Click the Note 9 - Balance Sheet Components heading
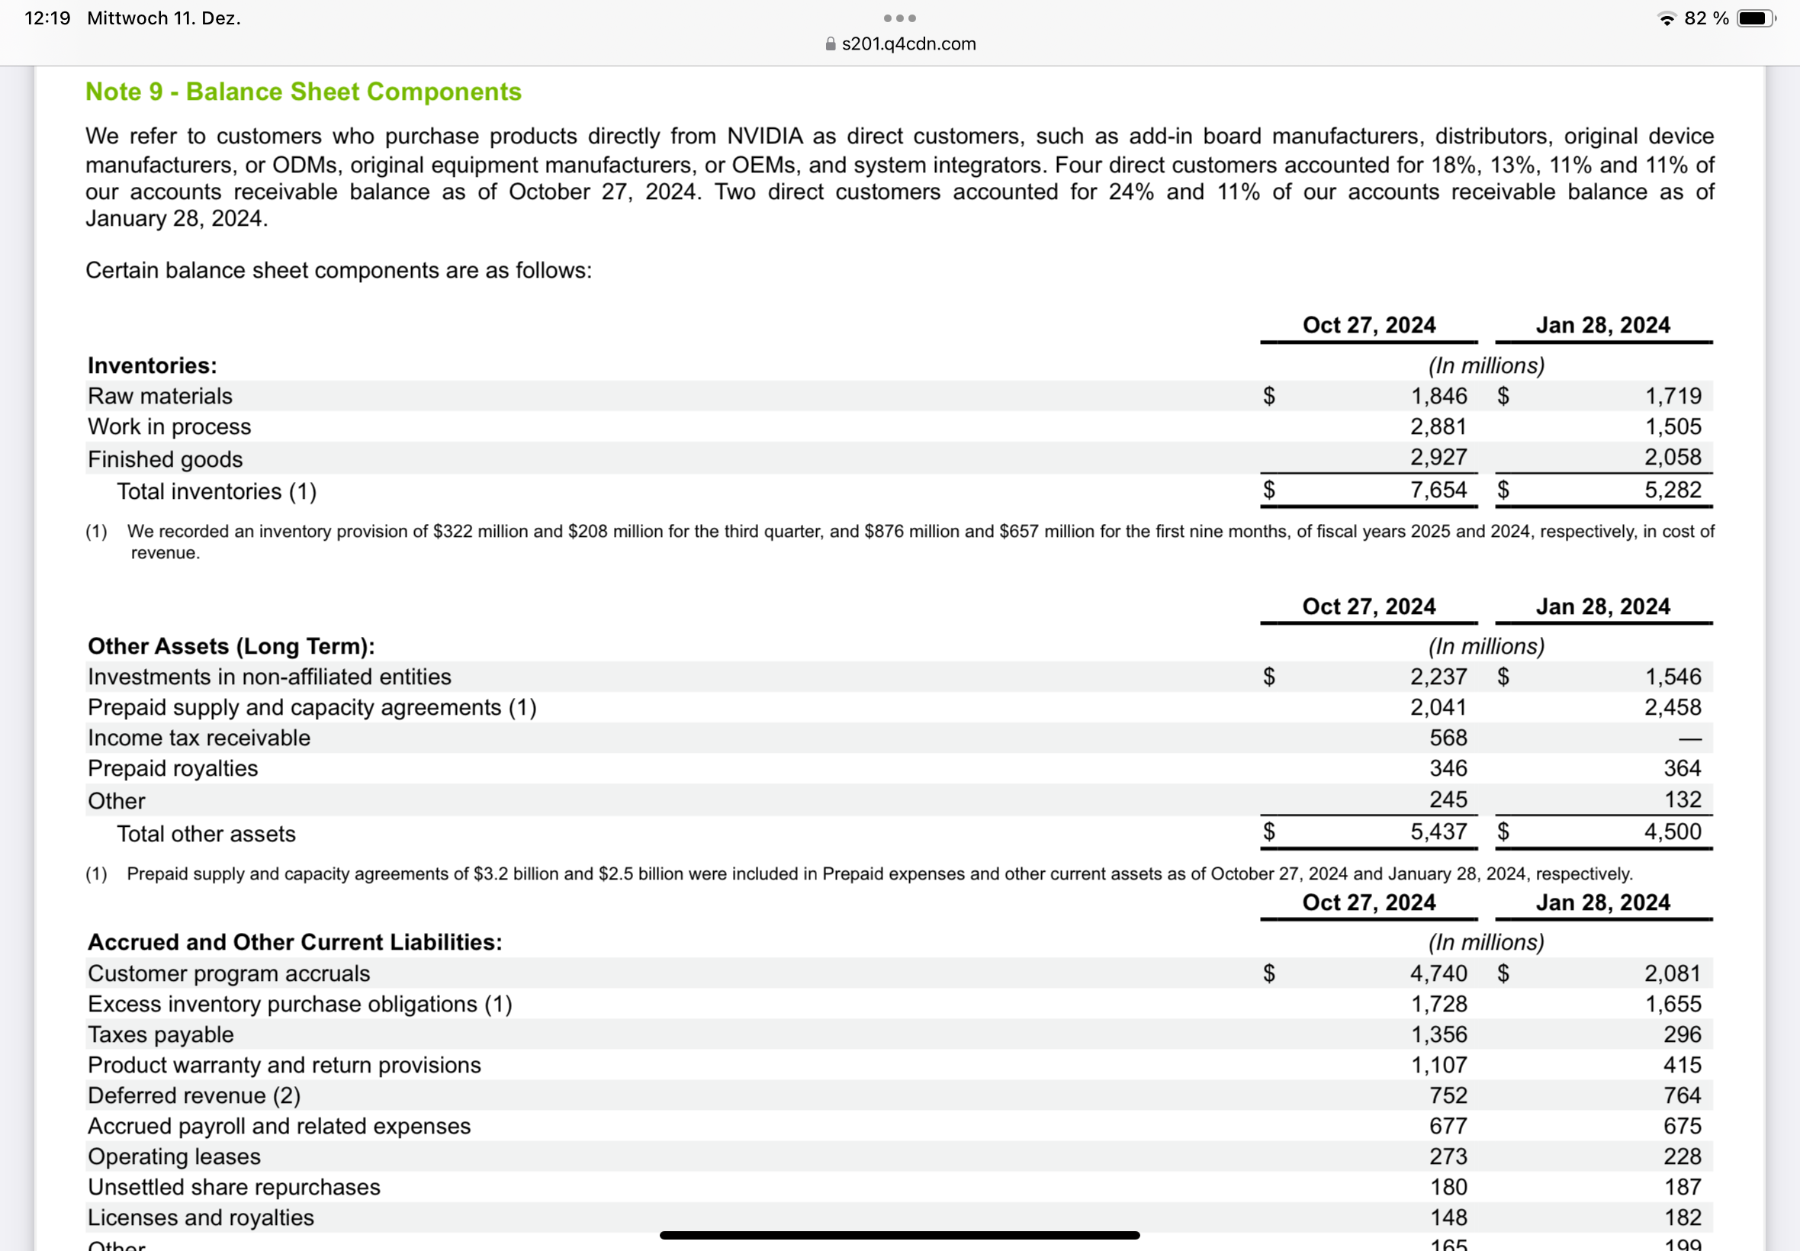pos(304,92)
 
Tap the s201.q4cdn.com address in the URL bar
pos(908,44)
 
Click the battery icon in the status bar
pos(1755,18)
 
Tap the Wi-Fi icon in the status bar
pos(1667,19)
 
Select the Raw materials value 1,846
pos(1438,396)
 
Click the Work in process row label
pos(169,426)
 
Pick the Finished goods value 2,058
pos(1673,457)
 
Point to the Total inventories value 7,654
pos(1438,490)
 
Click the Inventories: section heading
pos(152,365)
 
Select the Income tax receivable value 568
pos(1448,738)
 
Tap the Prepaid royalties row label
pos(172,768)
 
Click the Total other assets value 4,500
pos(1673,831)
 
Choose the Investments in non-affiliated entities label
pos(269,677)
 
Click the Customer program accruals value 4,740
pos(1438,973)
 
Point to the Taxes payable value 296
pos(1682,1034)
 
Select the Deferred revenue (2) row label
pos(194,1096)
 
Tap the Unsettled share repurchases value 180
pos(1448,1188)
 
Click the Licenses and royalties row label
pos(201,1217)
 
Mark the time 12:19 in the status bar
pos(47,18)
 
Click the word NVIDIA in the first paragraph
pos(765,137)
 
